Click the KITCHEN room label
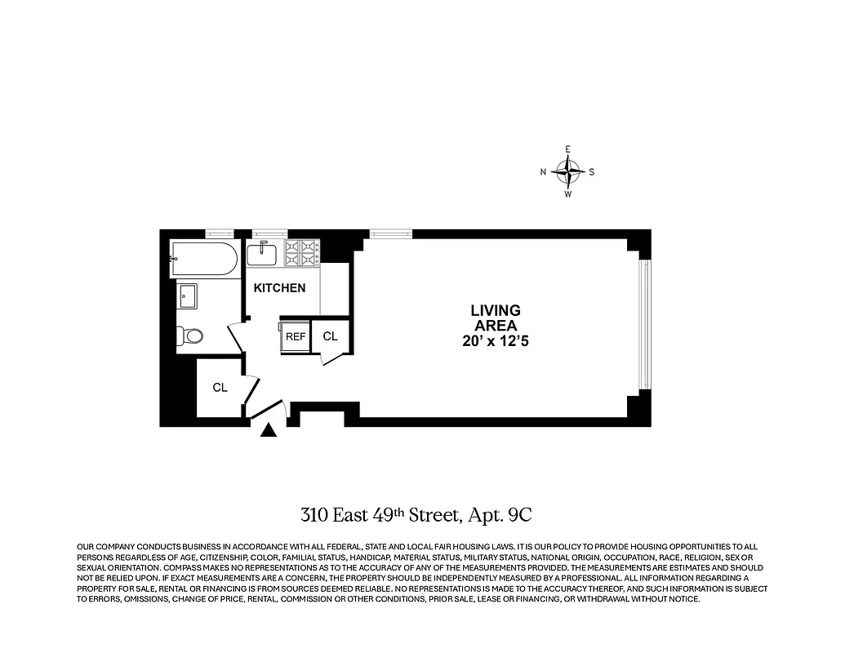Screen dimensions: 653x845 (279, 288)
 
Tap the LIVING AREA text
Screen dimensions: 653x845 (495, 318)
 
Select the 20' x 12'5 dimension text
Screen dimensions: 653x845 (495, 342)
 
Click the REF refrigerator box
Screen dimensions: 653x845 (295, 336)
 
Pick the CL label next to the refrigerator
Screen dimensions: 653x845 (330, 336)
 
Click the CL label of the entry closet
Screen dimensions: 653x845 (220, 388)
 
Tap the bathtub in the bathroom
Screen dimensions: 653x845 (204, 260)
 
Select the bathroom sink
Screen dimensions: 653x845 (189, 295)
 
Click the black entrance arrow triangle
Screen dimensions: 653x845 (269, 432)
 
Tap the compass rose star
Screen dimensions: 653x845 (567, 171)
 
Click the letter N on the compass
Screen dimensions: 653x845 (543, 172)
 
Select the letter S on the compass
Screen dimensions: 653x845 (592, 172)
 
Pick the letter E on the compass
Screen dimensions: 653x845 (567, 149)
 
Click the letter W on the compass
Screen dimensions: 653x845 (567, 194)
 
